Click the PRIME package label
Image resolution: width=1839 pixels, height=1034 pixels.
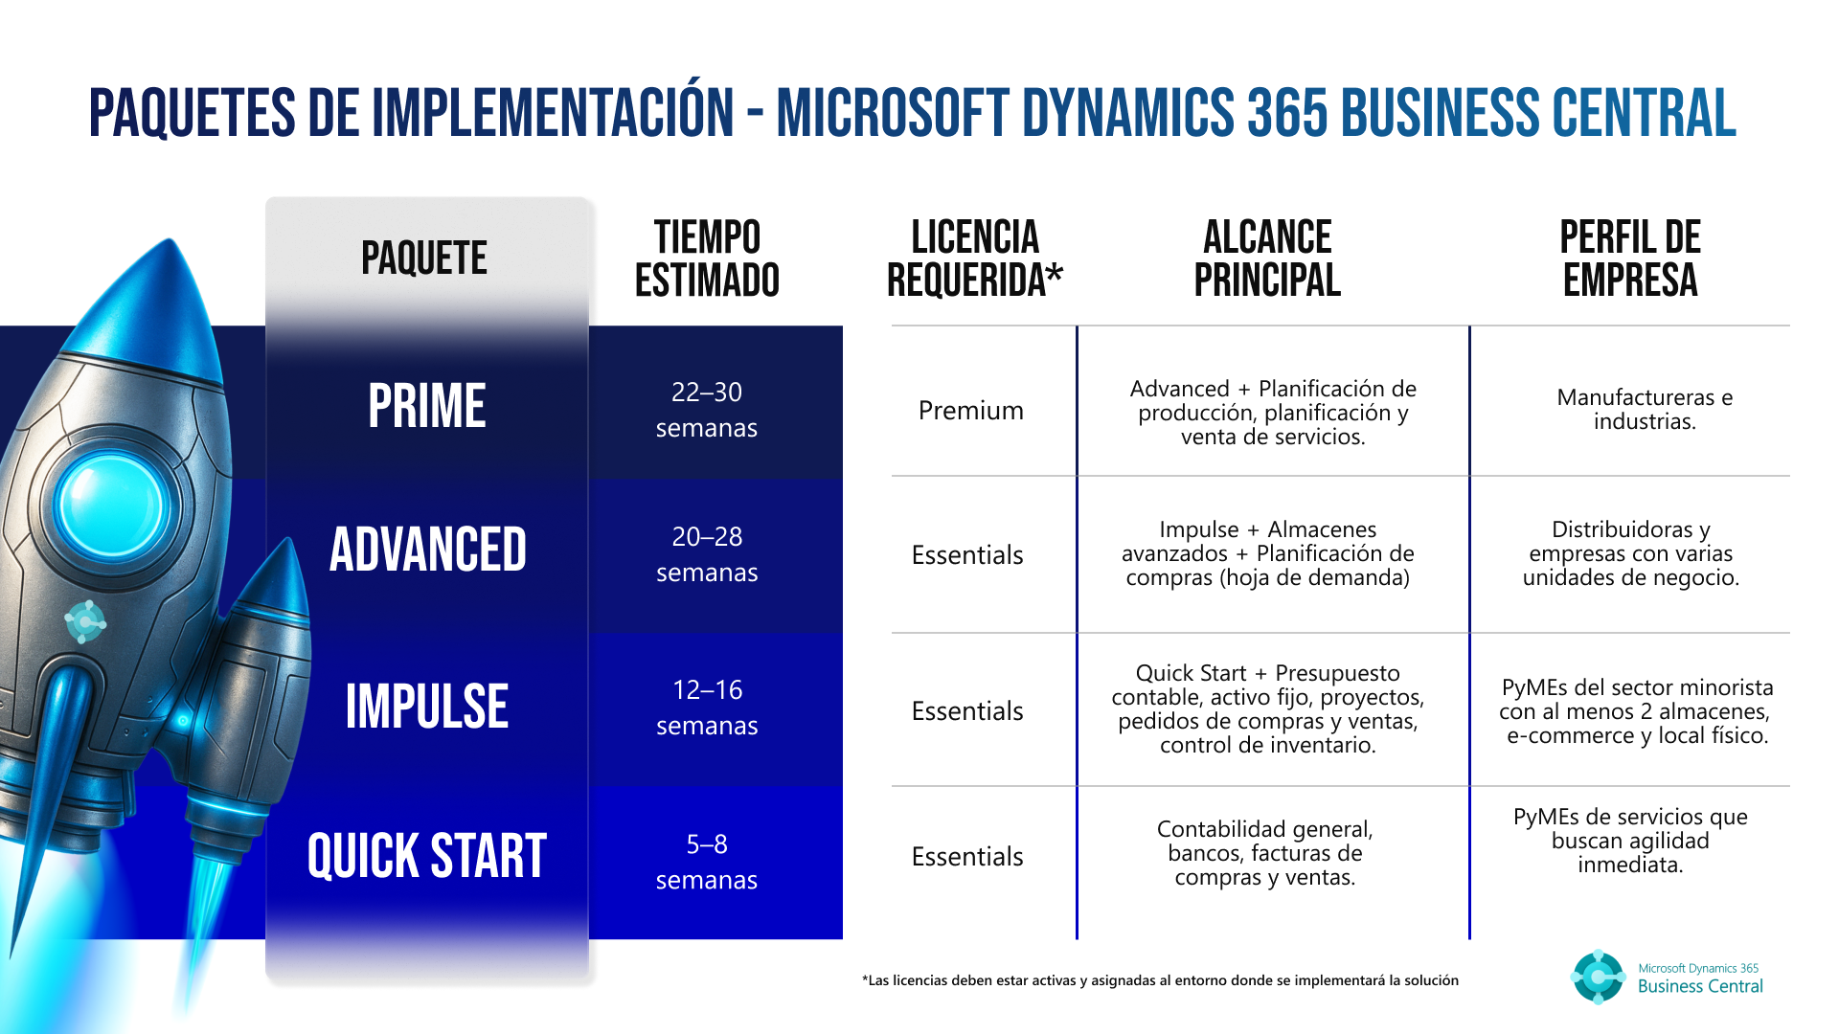point(426,406)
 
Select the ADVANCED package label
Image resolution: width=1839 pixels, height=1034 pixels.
point(427,550)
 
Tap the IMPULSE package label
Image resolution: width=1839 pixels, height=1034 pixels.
point(426,707)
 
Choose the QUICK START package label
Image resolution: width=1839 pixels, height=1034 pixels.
point(426,856)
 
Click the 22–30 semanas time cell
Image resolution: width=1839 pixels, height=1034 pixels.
point(707,410)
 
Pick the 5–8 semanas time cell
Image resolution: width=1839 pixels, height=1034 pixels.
point(707,862)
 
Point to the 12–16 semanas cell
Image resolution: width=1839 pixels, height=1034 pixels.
point(707,708)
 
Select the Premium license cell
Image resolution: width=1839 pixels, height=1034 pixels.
point(970,411)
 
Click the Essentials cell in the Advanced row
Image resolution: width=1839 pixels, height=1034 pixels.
point(967,555)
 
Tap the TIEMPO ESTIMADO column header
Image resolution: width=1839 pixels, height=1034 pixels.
point(707,258)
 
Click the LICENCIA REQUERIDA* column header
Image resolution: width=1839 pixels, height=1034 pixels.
point(975,258)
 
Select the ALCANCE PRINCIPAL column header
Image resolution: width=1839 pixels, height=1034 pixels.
point(1266,258)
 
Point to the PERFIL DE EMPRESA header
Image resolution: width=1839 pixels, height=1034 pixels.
point(1629,258)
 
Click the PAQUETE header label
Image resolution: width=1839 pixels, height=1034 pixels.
point(424,258)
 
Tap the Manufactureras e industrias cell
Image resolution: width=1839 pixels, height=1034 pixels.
point(1644,409)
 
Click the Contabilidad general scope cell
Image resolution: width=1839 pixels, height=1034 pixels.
point(1264,853)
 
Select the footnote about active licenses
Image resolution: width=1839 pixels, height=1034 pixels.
point(1160,980)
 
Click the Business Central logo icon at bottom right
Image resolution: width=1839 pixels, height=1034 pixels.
point(1598,977)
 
